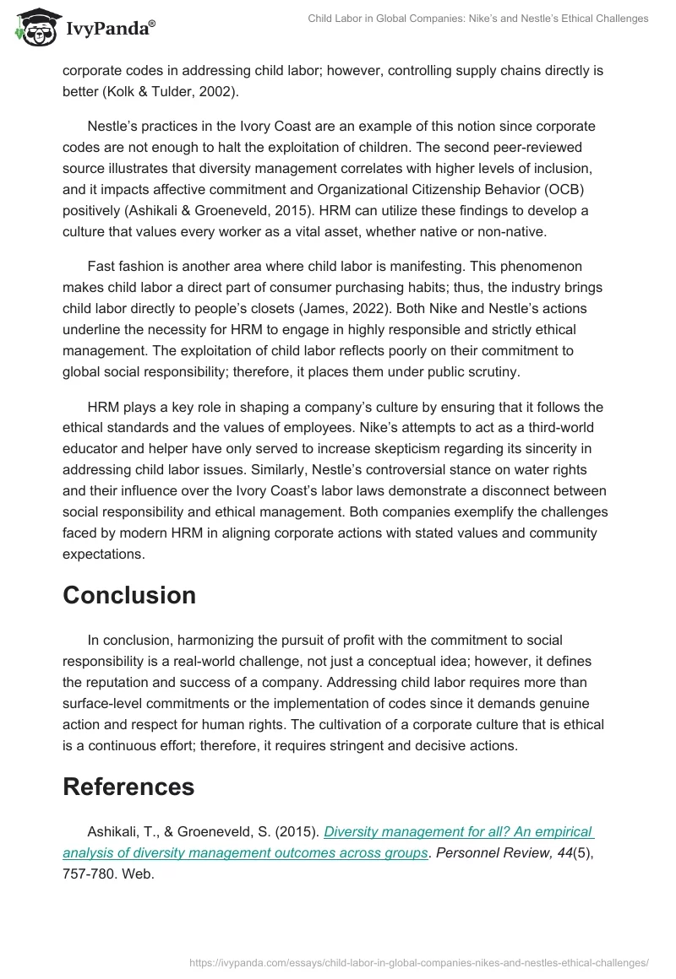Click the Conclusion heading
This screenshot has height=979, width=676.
tap(128, 595)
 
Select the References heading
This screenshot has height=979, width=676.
tap(128, 787)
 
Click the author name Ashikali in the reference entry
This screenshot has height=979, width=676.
tap(114, 831)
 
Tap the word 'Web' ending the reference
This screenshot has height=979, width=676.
tap(138, 874)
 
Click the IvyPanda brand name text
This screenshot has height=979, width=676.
tap(109, 29)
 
